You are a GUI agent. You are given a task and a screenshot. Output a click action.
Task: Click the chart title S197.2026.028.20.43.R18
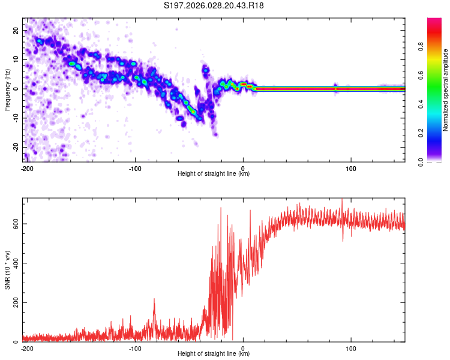[x=214, y=6]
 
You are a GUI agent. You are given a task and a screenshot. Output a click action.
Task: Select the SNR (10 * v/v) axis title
[x=8, y=270]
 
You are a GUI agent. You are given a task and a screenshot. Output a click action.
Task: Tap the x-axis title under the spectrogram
[x=214, y=173]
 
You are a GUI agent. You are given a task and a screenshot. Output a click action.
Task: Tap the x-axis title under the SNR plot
[x=214, y=353]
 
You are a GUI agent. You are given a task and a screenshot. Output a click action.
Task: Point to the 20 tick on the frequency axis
[x=16, y=31]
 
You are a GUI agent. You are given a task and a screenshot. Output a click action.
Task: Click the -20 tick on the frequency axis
[x=15, y=147]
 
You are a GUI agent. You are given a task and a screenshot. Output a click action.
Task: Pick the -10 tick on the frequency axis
[x=15, y=118]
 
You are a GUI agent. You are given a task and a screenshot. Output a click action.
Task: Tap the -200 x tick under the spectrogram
[x=27, y=167]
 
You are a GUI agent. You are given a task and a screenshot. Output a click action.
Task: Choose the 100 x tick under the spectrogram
[x=351, y=167]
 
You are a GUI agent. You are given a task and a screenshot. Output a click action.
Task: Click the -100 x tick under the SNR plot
[x=135, y=348]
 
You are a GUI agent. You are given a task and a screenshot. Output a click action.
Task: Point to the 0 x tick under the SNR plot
[x=243, y=348]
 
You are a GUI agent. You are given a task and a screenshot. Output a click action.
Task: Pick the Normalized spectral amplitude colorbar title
[x=446, y=90]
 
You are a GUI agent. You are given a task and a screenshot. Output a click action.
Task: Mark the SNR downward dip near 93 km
[x=343, y=239]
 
